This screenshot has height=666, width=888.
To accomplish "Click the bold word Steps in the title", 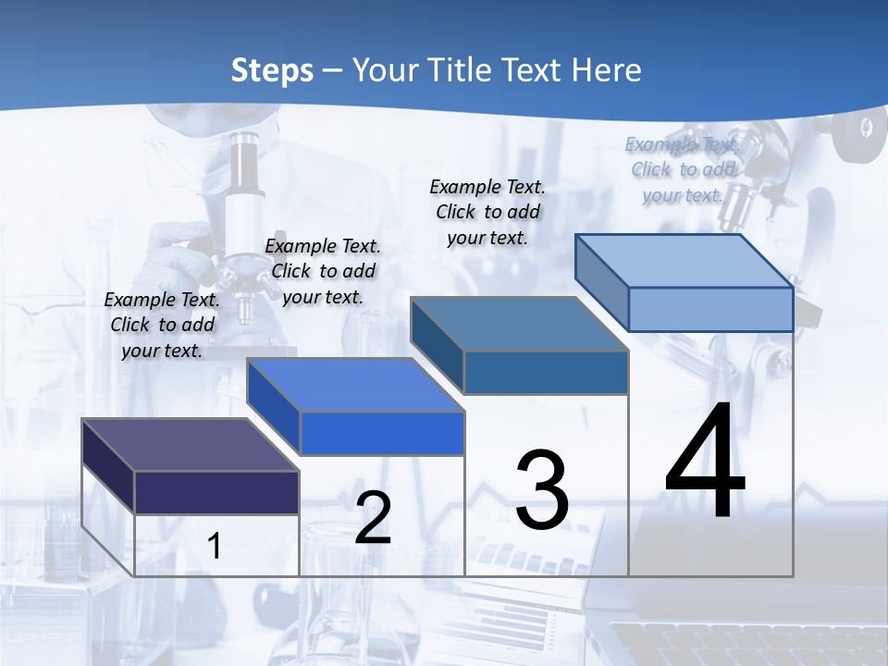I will [x=272, y=70].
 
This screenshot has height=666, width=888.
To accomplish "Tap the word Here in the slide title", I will [x=607, y=70].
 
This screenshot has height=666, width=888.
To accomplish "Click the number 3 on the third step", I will [x=542, y=490].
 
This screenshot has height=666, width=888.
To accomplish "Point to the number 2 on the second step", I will [x=373, y=518].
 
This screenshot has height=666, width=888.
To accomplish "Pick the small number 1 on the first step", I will [x=215, y=547].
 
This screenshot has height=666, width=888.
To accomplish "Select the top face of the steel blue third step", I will [x=518, y=324].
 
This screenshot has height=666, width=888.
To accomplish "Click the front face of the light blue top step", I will [x=710, y=309].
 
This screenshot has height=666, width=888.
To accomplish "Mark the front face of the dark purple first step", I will [x=216, y=492].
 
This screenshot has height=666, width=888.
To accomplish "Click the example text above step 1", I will [x=162, y=325].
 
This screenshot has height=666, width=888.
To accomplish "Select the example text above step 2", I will [x=323, y=271].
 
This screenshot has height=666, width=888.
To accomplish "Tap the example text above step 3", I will [x=487, y=212].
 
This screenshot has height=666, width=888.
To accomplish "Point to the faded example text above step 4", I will [x=683, y=169].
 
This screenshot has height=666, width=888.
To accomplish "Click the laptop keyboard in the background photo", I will [x=740, y=643].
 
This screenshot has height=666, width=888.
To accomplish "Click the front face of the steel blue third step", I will [x=546, y=372].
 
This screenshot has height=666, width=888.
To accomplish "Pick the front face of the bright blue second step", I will [x=381, y=433].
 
